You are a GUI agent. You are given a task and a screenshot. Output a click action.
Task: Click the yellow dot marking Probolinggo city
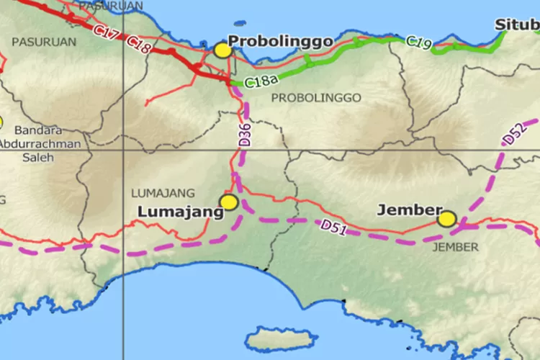click(x=222, y=50)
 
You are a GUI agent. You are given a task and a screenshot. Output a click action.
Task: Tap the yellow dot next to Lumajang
click(x=229, y=202)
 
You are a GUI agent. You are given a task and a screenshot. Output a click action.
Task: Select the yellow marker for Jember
click(x=447, y=219)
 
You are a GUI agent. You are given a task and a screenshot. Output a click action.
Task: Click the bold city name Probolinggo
click(x=280, y=41)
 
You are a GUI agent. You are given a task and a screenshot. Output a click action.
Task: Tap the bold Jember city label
click(x=409, y=210)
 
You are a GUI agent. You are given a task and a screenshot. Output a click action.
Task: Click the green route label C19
click(x=418, y=42)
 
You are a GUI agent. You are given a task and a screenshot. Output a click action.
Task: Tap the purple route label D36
click(x=245, y=135)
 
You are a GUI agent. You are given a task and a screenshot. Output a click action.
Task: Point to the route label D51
click(x=333, y=227)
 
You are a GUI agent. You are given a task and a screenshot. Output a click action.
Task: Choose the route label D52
click(x=513, y=135)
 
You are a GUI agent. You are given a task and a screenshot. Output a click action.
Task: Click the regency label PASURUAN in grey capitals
click(x=44, y=42)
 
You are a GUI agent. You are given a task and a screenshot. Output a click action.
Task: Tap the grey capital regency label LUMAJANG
click(x=163, y=193)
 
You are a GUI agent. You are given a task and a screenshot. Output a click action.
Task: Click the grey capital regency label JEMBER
click(x=454, y=247)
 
